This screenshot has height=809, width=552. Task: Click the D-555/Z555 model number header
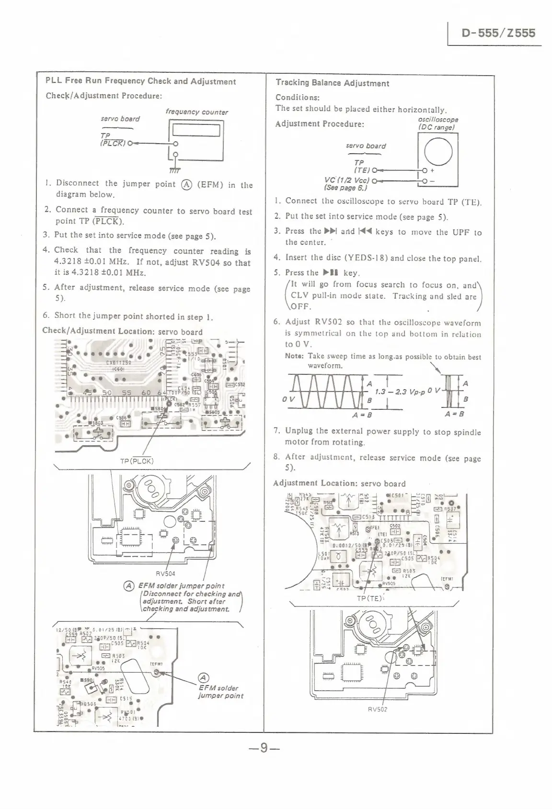tap(498, 33)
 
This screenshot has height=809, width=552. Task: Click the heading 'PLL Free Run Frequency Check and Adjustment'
tap(140, 81)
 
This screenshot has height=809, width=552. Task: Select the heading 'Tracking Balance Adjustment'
tap(332, 83)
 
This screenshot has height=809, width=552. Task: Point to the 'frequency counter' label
tap(196, 112)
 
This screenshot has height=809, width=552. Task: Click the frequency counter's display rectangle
tap(196, 130)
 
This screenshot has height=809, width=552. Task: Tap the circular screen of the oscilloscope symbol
tap(437, 150)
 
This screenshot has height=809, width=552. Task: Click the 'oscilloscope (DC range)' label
tap(437, 123)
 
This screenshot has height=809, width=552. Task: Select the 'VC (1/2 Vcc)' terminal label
tap(347, 180)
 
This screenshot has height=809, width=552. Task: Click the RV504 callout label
tap(166, 573)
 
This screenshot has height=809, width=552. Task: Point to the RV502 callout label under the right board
tap(378, 709)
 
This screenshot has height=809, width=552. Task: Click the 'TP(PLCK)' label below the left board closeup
tap(137, 461)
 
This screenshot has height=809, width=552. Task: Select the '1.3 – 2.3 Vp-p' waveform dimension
tap(397, 392)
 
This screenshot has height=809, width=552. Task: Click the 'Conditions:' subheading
tap(298, 97)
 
